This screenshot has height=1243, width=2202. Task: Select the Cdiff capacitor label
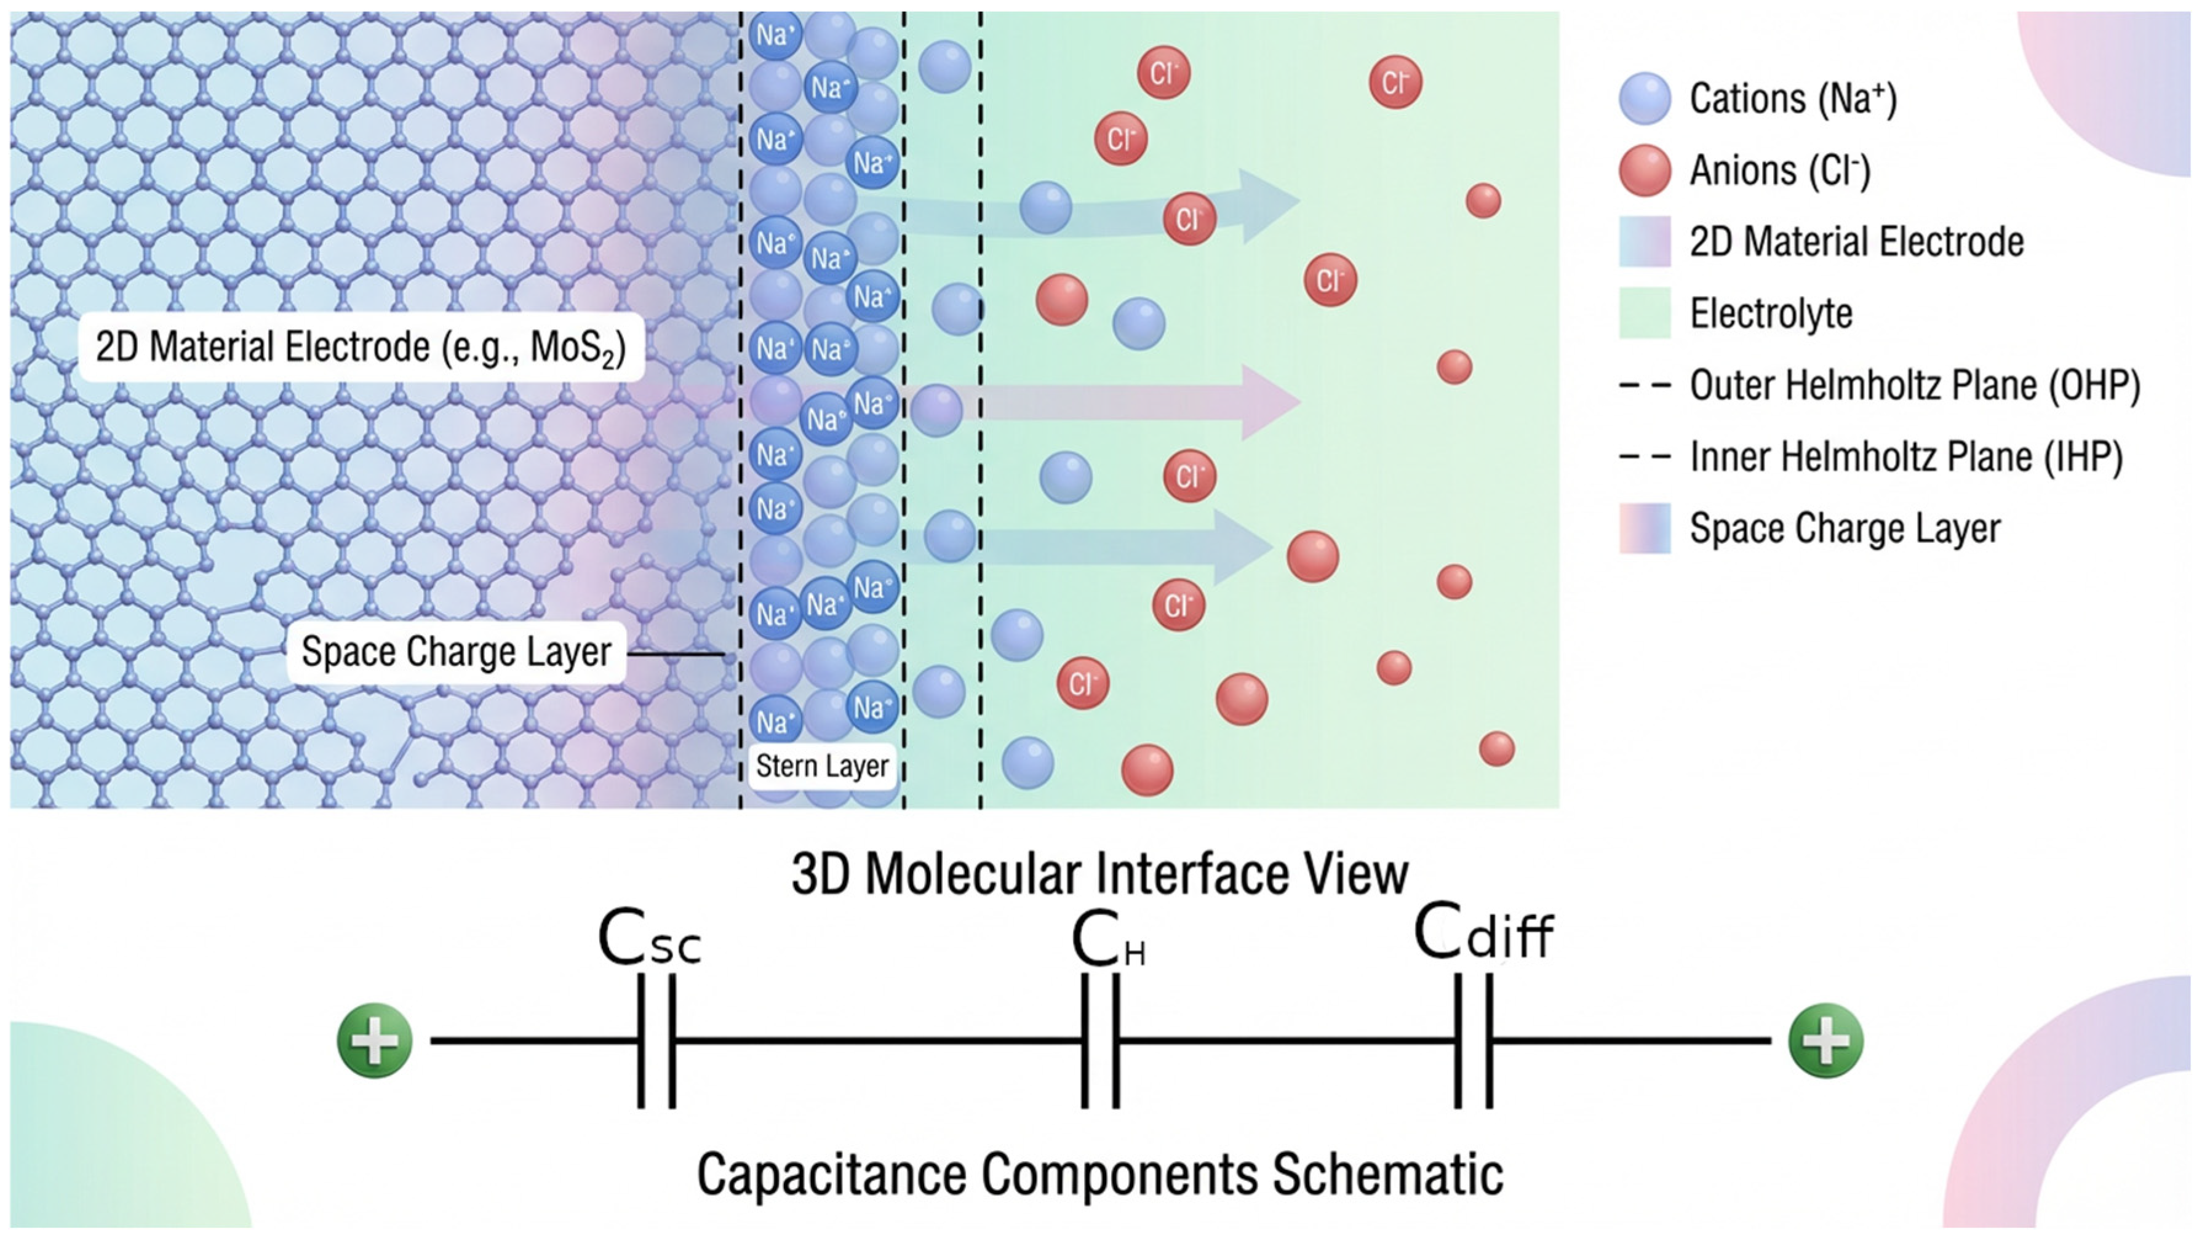click(x=1483, y=933)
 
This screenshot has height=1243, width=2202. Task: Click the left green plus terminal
click(x=375, y=1041)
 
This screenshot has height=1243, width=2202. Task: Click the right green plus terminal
click(x=1826, y=1041)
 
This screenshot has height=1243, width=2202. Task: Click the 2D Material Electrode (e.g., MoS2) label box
click(x=361, y=347)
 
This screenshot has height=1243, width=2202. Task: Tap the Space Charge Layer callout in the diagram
click(x=457, y=652)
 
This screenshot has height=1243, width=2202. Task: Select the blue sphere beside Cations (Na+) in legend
click(x=1645, y=99)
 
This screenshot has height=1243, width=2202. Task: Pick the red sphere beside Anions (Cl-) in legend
click(x=1645, y=170)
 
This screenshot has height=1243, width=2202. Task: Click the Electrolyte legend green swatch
click(x=1645, y=313)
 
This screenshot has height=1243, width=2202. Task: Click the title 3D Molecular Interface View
click(x=1099, y=874)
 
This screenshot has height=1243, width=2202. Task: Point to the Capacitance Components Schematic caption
click(x=1099, y=1173)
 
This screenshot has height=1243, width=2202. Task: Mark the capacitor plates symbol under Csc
click(x=656, y=1041)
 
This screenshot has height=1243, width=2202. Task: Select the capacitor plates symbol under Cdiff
click(x=1474, y=1041)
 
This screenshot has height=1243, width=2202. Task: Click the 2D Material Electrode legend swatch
click(x=1645, y=242)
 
